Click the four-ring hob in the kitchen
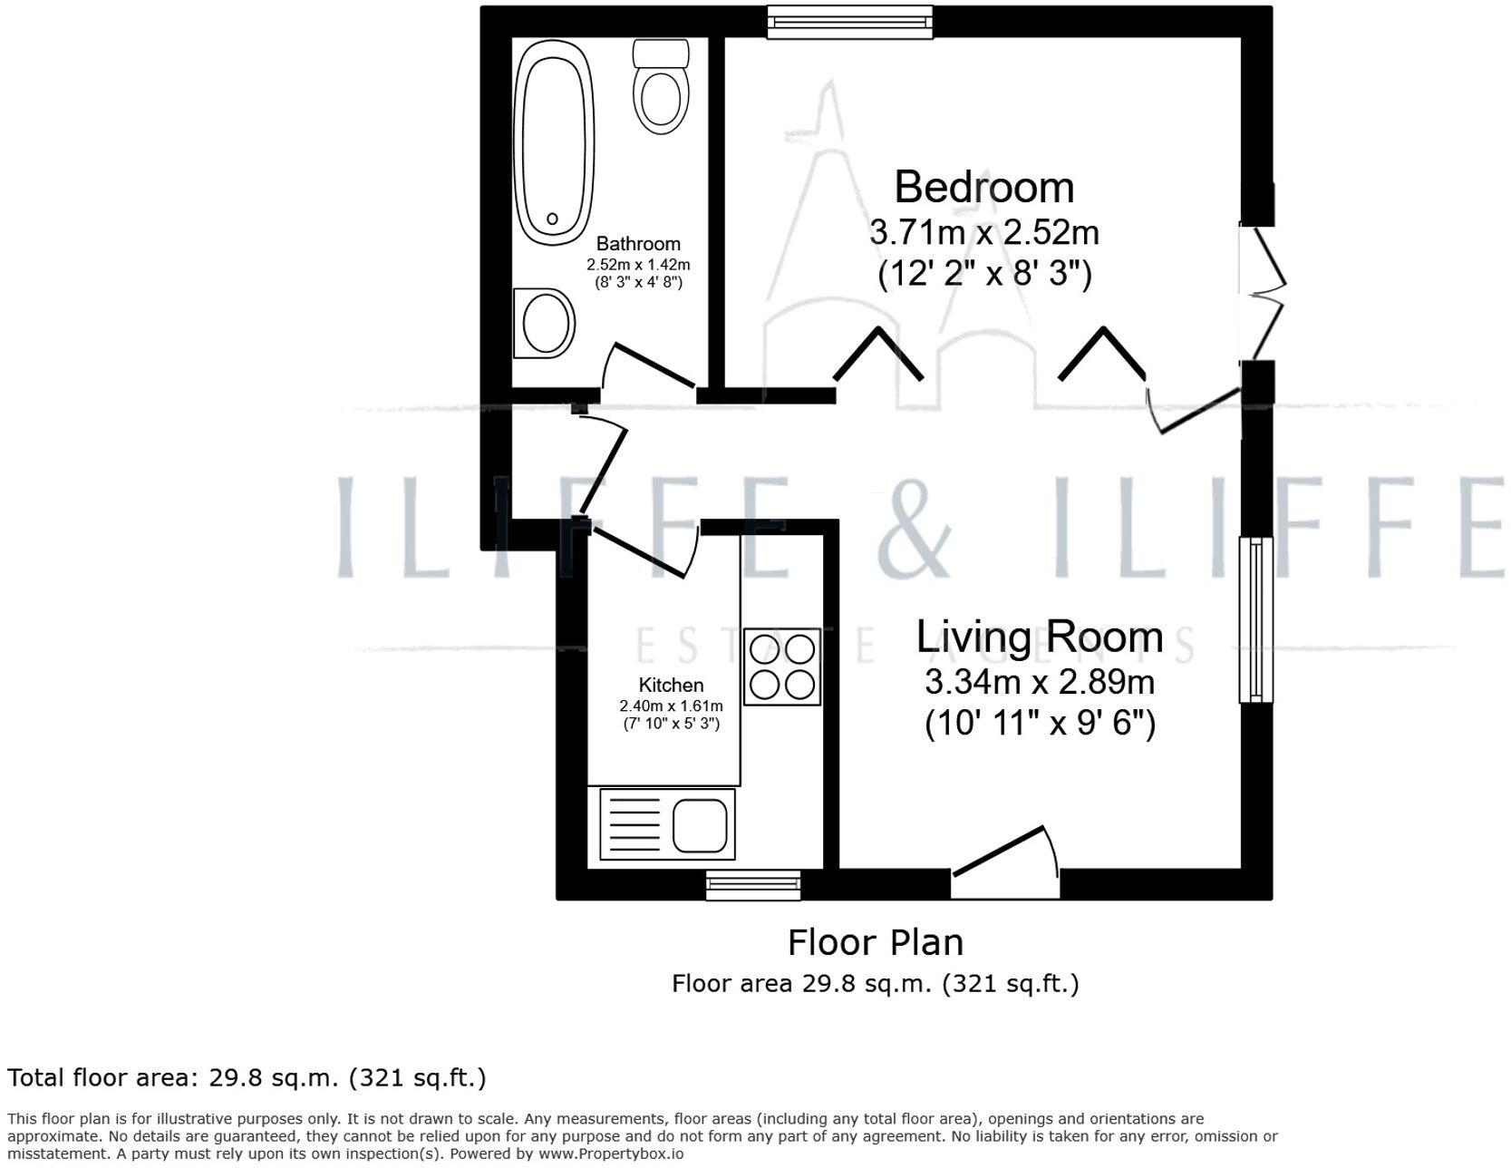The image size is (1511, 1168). [x=782, y=667]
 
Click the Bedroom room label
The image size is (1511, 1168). [x=984, y=188]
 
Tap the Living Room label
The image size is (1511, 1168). [x=1039, y=637]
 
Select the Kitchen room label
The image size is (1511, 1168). [x=671, y=686]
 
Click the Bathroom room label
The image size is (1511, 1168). [x=638, y=244]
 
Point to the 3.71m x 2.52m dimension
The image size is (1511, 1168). [x=984, y=233]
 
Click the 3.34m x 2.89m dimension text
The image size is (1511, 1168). [x=1040, y=681]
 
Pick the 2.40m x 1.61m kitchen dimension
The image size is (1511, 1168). [x=671, y=706]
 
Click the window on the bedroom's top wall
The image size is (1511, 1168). [x=849, y=22]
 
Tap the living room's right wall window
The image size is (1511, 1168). [x=1255, y=619]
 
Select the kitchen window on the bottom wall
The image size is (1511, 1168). [x=753, y=884]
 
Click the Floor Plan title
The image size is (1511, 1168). [x=875, y=943]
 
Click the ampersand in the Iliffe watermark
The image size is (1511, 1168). [x=914, y=526]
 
